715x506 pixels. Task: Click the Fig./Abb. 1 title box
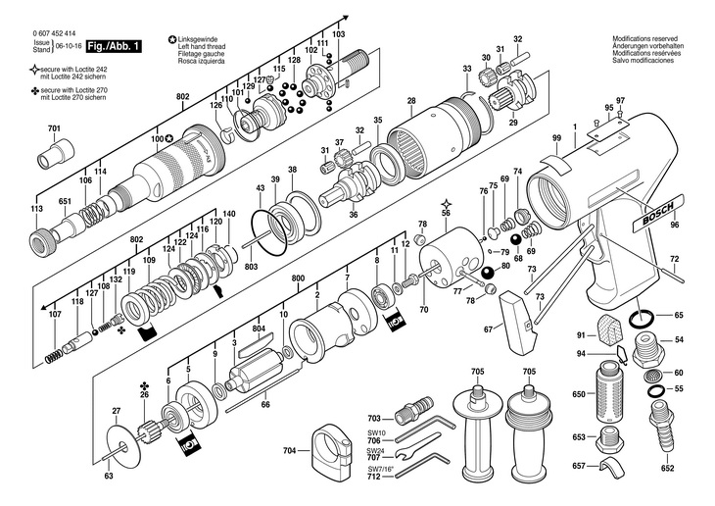114,46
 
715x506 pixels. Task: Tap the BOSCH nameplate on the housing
657,212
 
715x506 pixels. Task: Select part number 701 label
54,128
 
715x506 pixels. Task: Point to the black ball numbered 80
487,273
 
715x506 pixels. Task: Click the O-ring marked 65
643,317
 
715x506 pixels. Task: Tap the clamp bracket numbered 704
332,450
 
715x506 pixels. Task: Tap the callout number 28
411,101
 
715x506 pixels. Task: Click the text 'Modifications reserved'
644,39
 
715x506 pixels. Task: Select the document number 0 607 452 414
54,33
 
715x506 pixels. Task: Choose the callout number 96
675,225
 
